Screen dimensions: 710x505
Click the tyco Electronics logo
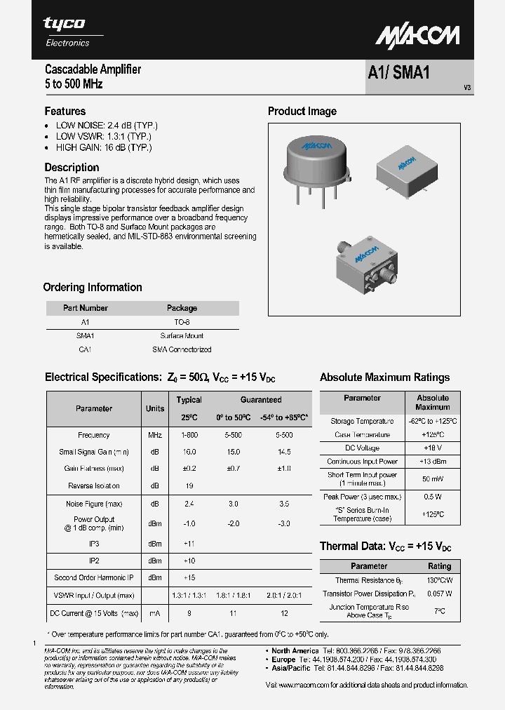click(x=66, y=32)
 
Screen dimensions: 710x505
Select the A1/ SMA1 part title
click(x=398, y=74)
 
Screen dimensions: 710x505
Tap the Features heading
click(x=65, y=112)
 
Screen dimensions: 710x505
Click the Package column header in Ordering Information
click(x=182, y=308)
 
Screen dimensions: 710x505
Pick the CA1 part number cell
click(x=85, y=349)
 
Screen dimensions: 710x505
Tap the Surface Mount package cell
click(x=182, y=335)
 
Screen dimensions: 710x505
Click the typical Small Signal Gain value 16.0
click(x=189, y=452)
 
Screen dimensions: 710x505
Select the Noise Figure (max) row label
click(x=94, y=504)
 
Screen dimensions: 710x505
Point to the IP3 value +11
click(x=189, y=544)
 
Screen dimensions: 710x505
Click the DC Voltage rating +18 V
click(x=432, y=448)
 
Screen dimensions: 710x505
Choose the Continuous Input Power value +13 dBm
click(x=432, y=462)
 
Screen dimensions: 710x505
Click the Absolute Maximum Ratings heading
click(x=384, y=377)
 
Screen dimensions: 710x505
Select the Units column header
click(x=155, y=408)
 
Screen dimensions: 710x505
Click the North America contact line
click(x=357, y=651)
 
